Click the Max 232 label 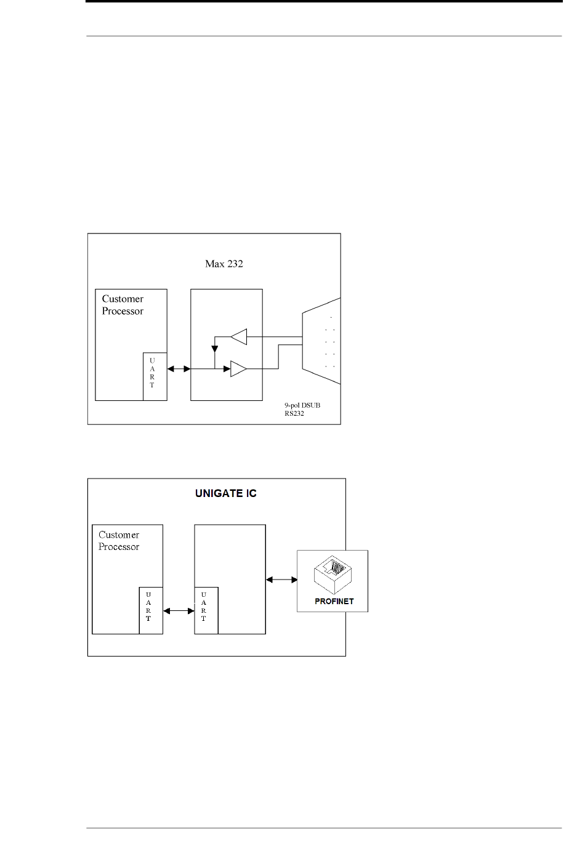[224, 264]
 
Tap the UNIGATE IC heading [226, 493]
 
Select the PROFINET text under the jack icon [334, 601]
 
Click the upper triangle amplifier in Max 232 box [239, 337]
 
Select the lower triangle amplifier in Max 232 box [238, 369]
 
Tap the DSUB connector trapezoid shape [321, 341]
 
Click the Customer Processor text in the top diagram [123, 305]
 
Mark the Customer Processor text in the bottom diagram [119, 541]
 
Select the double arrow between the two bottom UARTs [179, 610]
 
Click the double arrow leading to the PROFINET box [281, 579]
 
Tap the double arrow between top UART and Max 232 [179, 369]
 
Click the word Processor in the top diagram [123, 311]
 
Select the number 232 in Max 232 [235, 264]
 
